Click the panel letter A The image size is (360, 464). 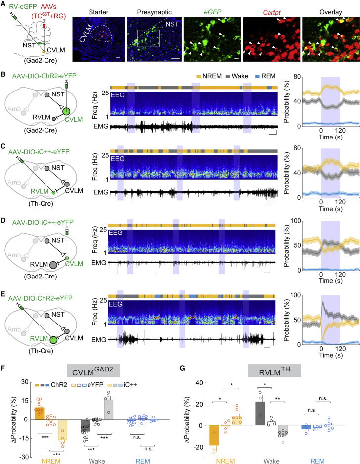[4, 4]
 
